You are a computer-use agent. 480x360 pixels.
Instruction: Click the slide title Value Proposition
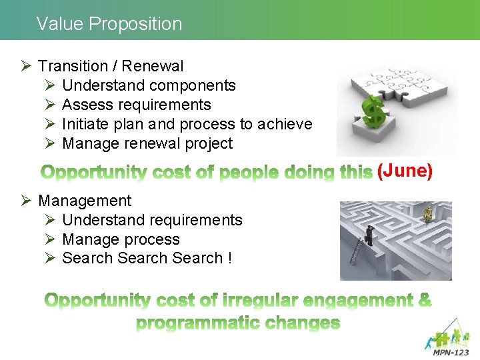click(109, 24)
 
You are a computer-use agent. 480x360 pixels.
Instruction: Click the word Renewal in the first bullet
click(153, 66)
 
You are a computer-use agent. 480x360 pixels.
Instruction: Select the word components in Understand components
click(193, 85)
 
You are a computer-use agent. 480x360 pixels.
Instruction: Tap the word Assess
click(86, 105)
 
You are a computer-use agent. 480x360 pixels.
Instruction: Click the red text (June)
click(405, 171)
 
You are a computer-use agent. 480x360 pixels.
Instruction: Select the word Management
click(85, 201)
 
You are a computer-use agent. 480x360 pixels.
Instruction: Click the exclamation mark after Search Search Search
click(229, 258)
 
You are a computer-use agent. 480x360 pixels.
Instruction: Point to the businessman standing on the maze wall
click(369, 235)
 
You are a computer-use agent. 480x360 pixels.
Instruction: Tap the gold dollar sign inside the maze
click(427, 213)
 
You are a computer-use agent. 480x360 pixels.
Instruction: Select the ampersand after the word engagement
click(424, 300)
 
